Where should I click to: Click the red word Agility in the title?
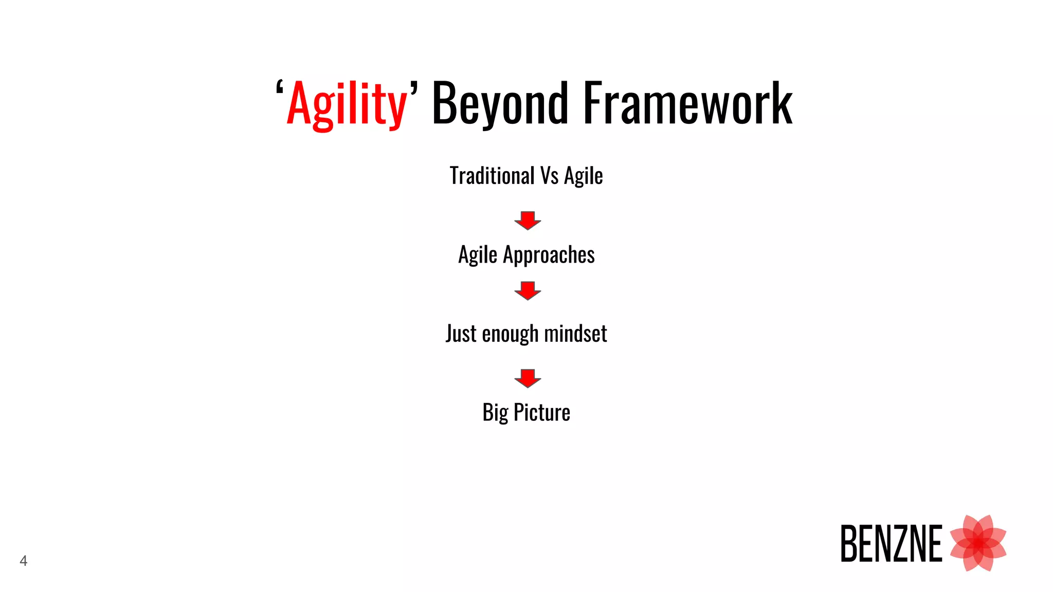pyautogui.click(x=347, y=104)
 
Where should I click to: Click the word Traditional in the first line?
pyautogui.click(x=492, y=176)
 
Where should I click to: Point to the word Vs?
pyautogui.click(x=549, y=176)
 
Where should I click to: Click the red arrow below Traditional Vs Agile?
pyautogui.click(x=528, y=220)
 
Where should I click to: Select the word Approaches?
pyautogui.click(x=549, y=255)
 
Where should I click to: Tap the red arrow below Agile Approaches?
pyautogui.click(x=528, y=290)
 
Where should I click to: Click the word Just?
pyautogui.click(x=461, y=334)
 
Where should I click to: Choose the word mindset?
pyautogui.click(x=575, y=334)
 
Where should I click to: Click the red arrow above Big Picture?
pyautogui.click(x=528, y=378)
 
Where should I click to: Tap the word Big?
pyautogui.click(x=495, y=413)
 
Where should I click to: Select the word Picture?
pyautogui.click(x=542, y=413)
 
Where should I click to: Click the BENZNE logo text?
pyautogui.click(x=891, y=544)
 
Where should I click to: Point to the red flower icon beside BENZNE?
pyautogui.click(x=977, y=543)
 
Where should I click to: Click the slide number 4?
pyautogui.click(x=23, y=561)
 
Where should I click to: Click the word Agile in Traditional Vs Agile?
pyautogui.click(x=583, y=176)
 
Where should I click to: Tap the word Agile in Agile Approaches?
pyautogui.click(x=478, y=255)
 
